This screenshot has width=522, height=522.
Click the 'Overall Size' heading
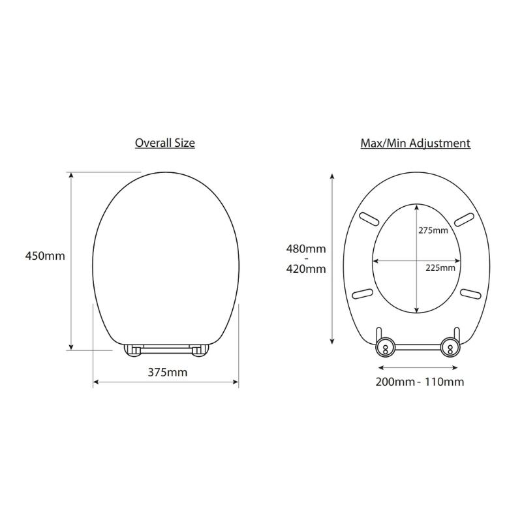pyautogui.click(x=165, y=143)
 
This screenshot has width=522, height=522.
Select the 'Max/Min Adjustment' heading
pyautogui.click(x=416, y=143)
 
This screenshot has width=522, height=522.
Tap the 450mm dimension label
pyautogui.click(x=45, y=256)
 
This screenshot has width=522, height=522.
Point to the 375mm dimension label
pyautogui.click(x=168, y=372)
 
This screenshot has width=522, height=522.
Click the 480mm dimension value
pyautogui.click(x=306, y=249)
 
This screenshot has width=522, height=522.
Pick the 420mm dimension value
pyautogui.click(x=306, y=269)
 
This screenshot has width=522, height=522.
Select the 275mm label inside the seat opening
pyautogui.click(x=433, y=230)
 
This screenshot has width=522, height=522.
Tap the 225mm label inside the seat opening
pyautogui.click(x=440, y=268)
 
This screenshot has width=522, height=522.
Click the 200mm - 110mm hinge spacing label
pyautogui.click(x=420, y=382)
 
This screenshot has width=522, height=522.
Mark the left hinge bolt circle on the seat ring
pyautogui.click(x=386, y=348)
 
